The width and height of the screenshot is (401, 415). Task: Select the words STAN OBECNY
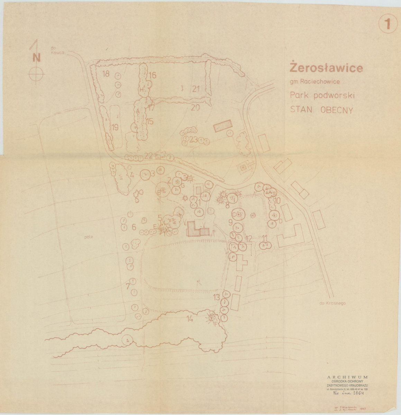coord(321,110)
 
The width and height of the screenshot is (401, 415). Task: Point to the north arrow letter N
coord(36,57)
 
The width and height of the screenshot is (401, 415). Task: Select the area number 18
coord(106,74)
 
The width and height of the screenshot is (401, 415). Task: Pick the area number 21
coord(196,89)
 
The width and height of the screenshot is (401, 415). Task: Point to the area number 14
coord(190,319)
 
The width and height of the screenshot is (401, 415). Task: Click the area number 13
coord(217,297)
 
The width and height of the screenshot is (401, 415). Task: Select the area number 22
coord(149,155)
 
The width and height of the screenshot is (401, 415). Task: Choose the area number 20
coord(195,108)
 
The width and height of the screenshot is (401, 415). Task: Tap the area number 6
coord(134,227)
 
